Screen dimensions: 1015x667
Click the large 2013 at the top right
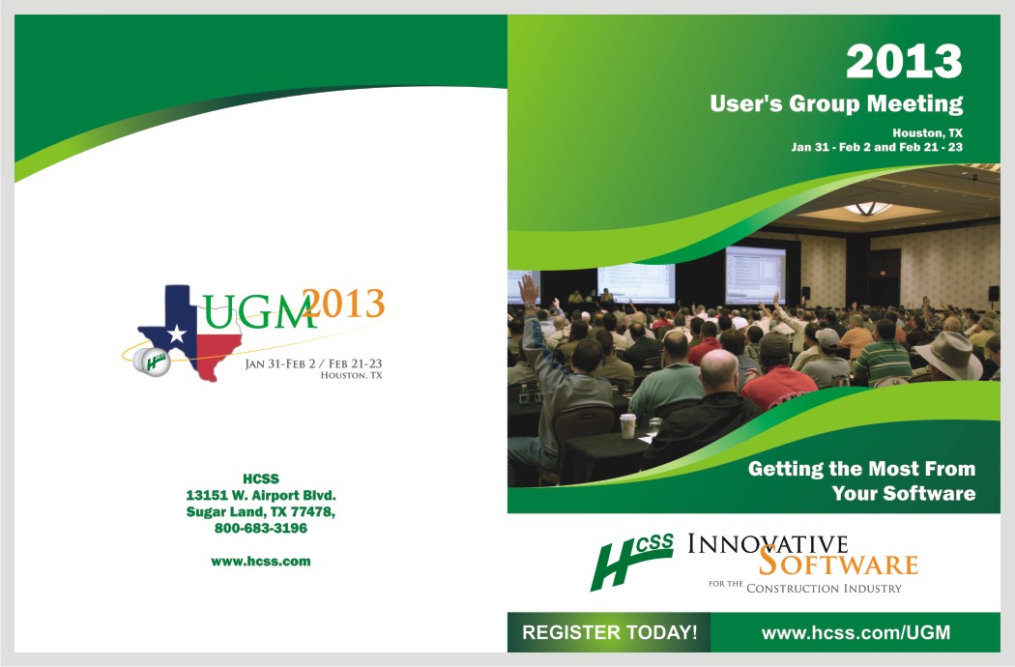pos(904,62)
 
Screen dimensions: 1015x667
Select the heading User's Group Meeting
pos(836,103)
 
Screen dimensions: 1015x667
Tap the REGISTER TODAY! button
pos(609,632)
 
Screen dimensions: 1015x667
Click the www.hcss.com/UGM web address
pos(855,632)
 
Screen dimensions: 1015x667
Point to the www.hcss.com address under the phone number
pos(261,562)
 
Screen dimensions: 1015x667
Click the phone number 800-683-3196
pos(261,529)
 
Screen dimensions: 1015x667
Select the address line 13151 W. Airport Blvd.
pos(261,495)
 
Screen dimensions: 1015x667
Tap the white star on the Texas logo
pos(176,334)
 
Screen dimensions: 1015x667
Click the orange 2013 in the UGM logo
pos(344,304)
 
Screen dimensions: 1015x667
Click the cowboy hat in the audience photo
pos(947,354)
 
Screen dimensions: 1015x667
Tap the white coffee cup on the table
pos(628,426)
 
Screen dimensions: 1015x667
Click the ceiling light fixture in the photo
pos(868,208)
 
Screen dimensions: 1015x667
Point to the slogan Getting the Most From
pos(861,468)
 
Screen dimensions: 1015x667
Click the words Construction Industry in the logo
pos(824,589)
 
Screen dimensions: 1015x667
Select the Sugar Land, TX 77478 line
pos(261,512)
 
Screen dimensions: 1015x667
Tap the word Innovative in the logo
pos(768,544)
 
